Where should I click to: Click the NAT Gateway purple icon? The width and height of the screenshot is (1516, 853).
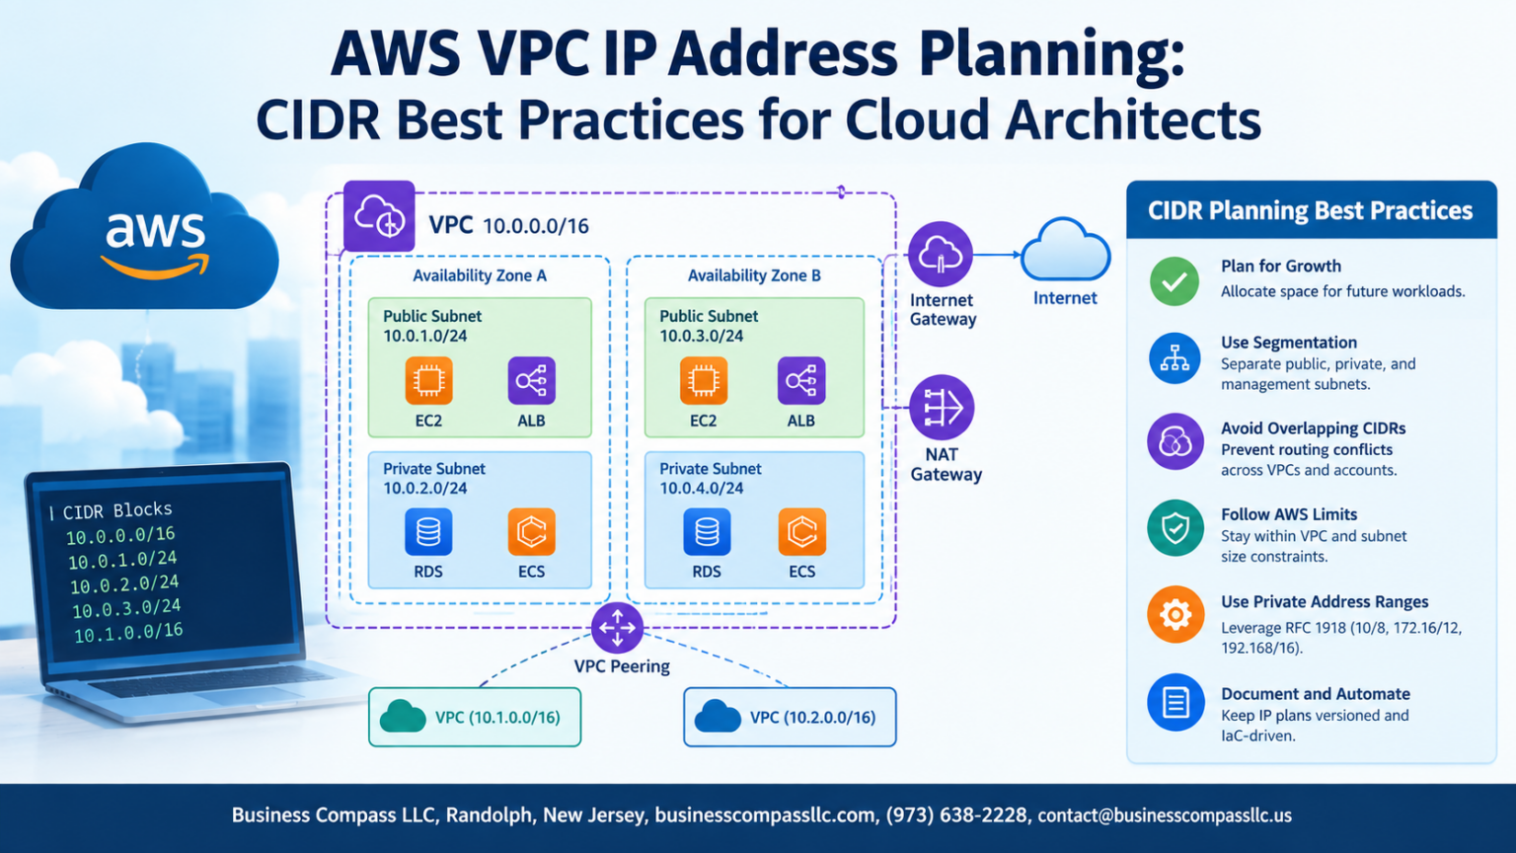point(942,408)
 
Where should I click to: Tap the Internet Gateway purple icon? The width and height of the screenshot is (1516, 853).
point(940,254)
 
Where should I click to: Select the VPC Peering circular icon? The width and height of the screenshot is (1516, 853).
point(617,628)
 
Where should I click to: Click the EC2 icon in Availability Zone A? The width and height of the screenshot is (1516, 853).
point(428,380)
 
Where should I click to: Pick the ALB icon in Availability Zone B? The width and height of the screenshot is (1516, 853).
point(801,380)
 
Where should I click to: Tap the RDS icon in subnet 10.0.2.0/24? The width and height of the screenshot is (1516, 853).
point(428,532)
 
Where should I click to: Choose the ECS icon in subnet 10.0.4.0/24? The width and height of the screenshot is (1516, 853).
point(802,532)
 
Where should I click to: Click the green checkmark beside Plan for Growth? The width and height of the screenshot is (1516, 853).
point(1175,281)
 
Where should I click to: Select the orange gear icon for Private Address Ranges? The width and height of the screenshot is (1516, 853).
point(1175,615)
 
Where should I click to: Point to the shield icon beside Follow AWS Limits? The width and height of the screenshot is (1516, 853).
point(1175,528)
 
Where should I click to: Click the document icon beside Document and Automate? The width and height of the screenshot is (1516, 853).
point(1175,702)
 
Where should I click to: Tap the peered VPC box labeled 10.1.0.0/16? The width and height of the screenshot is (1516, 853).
point(475,717)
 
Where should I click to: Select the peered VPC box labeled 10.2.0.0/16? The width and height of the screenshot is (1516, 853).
point(790,717)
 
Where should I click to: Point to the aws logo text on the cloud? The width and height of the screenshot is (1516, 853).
point(155,231)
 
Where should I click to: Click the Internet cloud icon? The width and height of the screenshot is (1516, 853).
point(1065,250)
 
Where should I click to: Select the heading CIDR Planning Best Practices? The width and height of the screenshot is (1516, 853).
point(1311,210)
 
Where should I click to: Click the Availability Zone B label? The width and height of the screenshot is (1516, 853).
point(754,275)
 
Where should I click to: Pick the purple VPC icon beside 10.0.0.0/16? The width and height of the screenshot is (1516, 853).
point(379,216)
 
